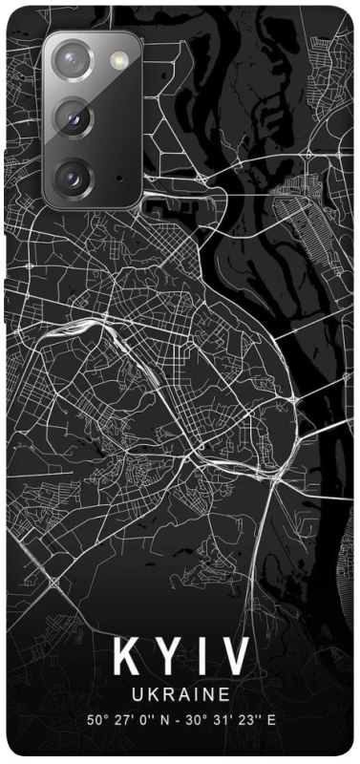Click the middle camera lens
73,118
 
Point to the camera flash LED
118,61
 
